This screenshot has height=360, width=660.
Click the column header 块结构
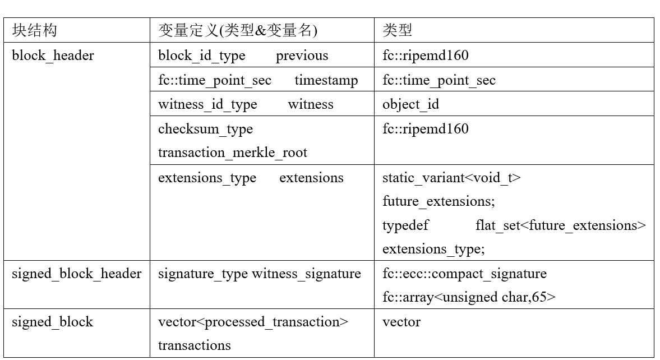pos(35,30)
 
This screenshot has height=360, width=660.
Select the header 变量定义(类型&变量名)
pos(238,30)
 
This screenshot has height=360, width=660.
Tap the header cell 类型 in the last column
pos(398,30)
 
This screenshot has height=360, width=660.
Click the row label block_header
pos(53,56)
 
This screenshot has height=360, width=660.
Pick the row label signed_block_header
pos(77,274)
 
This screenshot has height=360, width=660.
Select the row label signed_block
pos(52,322)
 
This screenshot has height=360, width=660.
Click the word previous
pos(302,56)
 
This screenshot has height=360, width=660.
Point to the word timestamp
pos(326,80)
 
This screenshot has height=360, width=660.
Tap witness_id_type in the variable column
pos(207,104)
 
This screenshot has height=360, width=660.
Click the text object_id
pos(411,104)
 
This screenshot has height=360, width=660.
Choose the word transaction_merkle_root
pos(233,153)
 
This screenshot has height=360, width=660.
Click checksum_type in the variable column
pos(205,130)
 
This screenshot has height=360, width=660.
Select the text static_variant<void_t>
pos(451,178)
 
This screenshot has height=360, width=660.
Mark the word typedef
pos(405,225)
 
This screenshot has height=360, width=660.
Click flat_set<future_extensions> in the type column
pos(561,225)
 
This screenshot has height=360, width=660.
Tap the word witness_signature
pos(306,274)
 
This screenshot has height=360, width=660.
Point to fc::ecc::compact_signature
pos(465,274)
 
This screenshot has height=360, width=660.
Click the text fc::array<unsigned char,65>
pos(469,298)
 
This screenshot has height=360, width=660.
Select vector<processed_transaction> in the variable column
pos(253,322)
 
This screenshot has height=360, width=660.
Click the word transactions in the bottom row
pos(195,345)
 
